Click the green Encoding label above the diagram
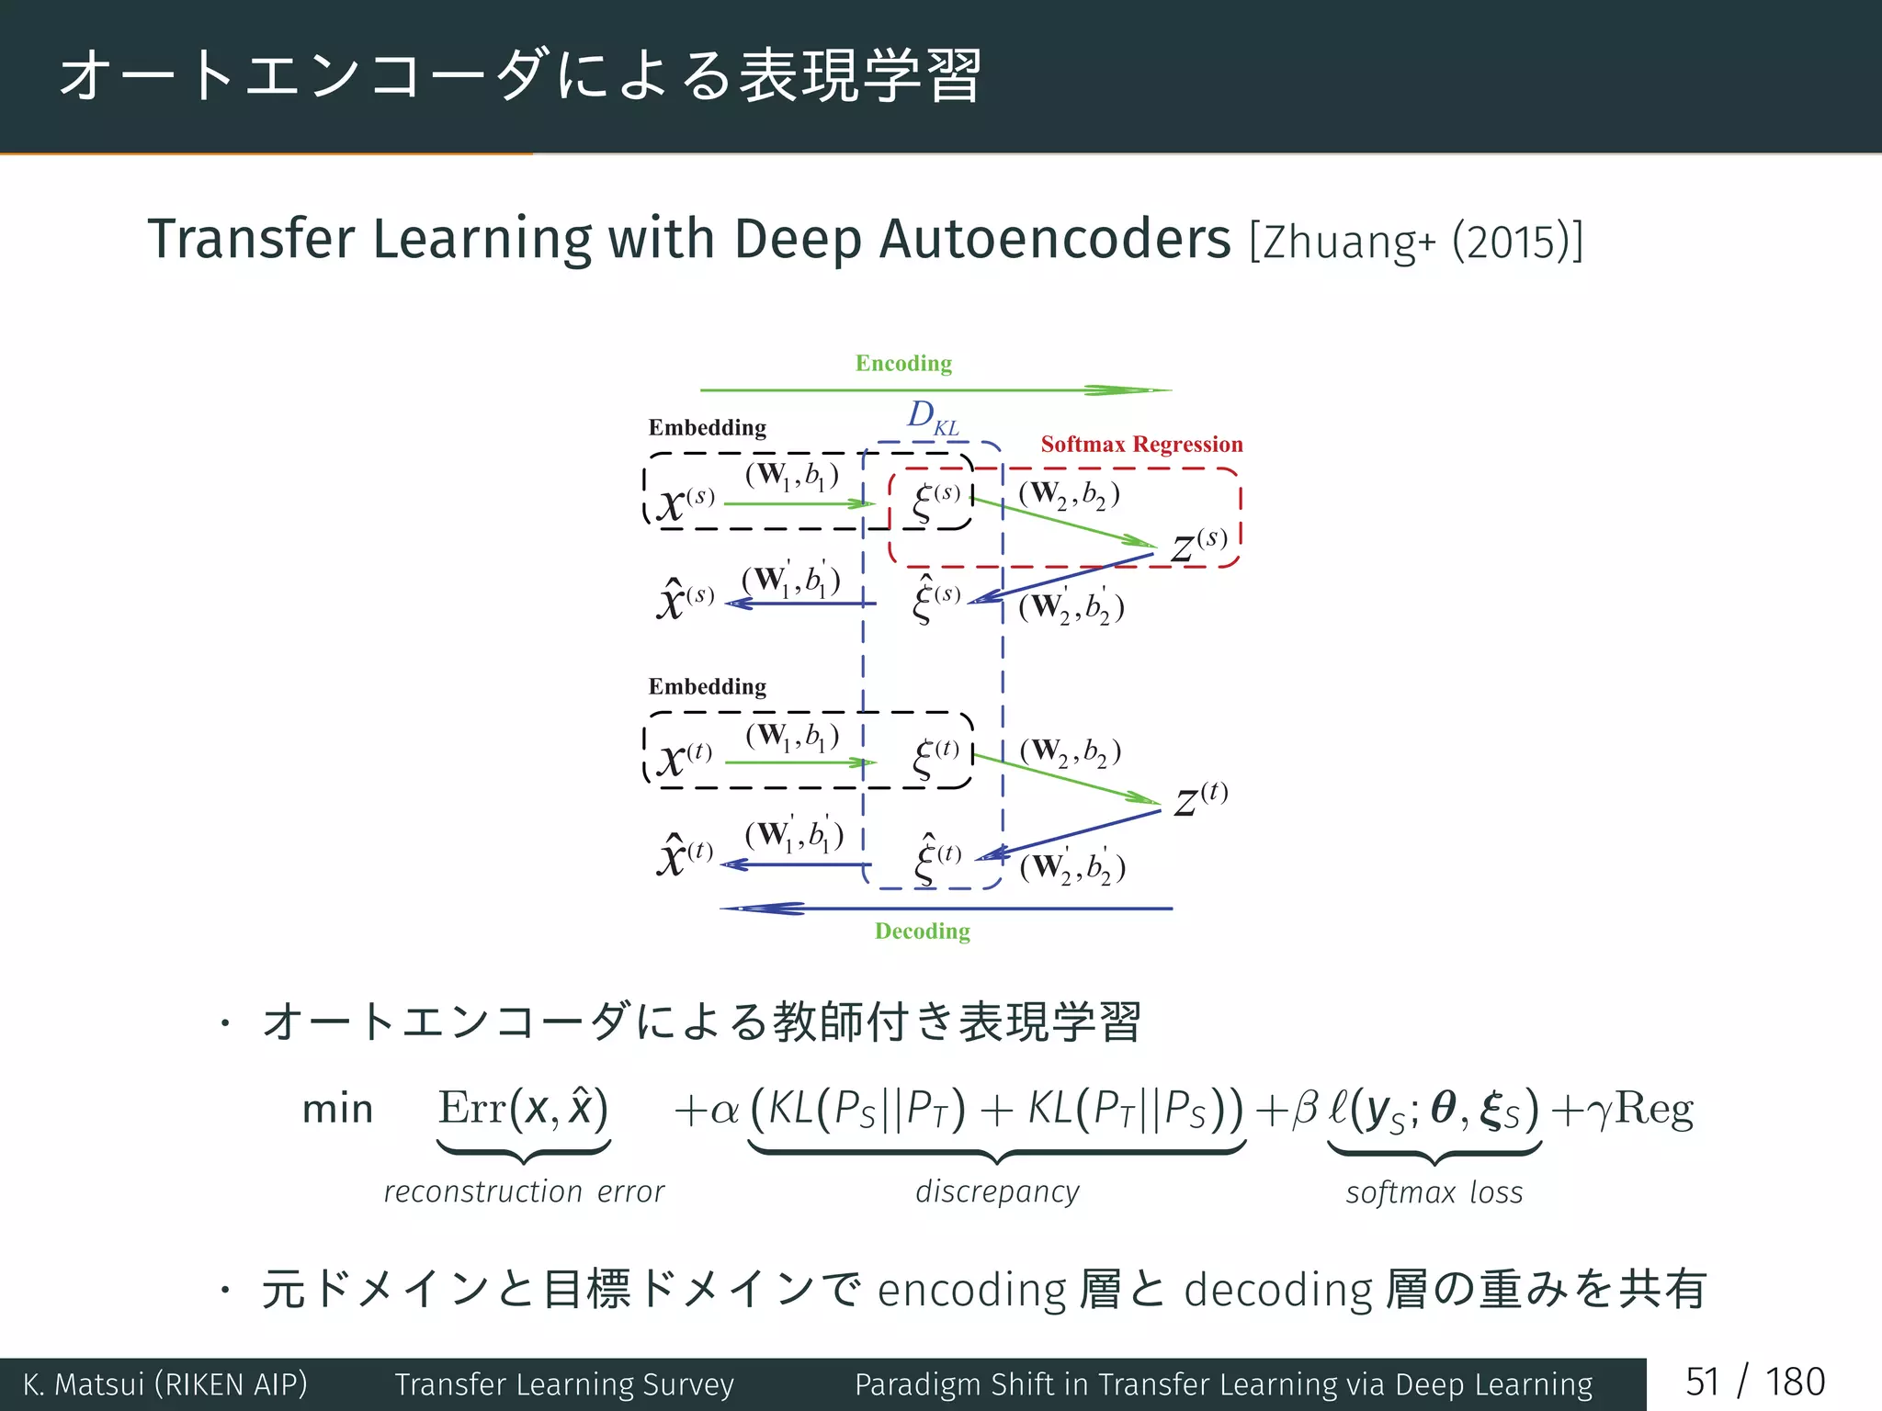[903, 364]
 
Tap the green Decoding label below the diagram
[922, 931]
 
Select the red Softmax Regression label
[1141, 445]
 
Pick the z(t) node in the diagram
[1200, 798]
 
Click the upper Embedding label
[707, 428]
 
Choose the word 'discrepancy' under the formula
[997, 1191]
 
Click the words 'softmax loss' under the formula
[1434, 1192]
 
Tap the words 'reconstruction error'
[524, 1191]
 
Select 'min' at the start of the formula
[337, 1110]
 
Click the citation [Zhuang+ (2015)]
[1415, 242]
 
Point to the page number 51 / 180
[1754, 1383]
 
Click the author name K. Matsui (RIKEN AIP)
[165, 1383]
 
